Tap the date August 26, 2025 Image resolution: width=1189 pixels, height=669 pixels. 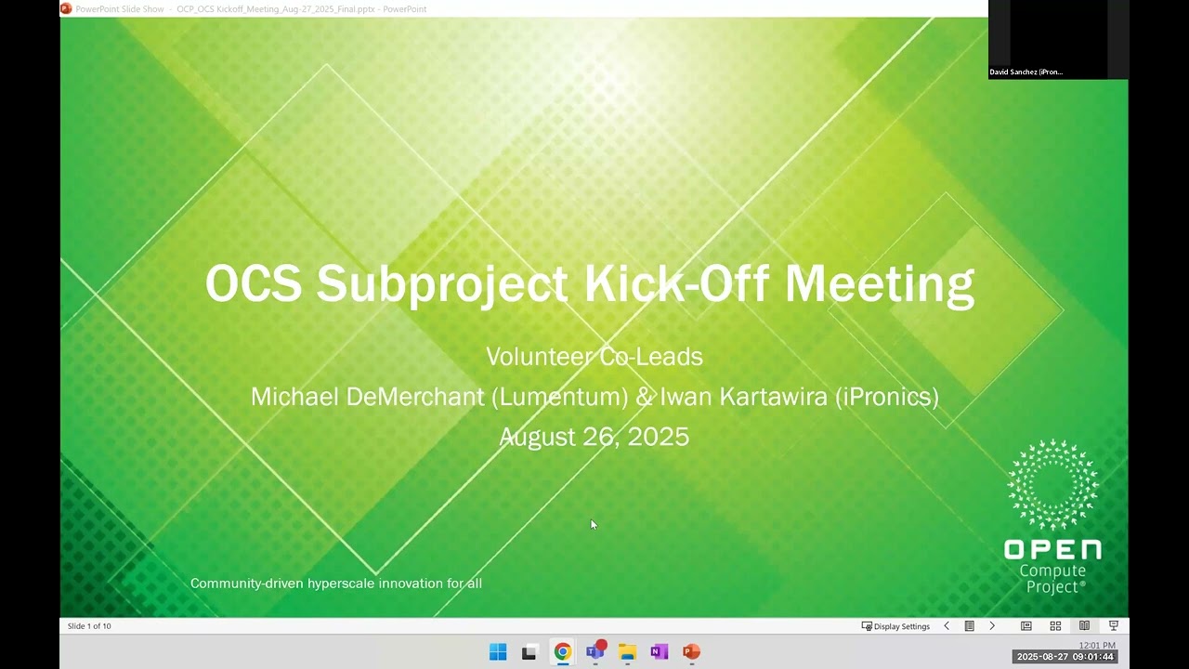(x=594, y=437)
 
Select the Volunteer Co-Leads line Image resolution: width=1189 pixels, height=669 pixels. (x=594, y=357)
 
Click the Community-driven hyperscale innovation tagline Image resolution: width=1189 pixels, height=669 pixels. (x=335, y=584)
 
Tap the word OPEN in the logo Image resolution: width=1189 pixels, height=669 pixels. (x=1052, y=550)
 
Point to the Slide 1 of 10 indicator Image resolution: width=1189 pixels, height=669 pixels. (x=89, y=626)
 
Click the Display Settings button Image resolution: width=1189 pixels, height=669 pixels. (x=896, y=626)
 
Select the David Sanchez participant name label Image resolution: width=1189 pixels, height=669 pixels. (x=1026, y=72)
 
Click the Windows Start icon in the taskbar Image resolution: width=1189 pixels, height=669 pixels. (x=498, y=651)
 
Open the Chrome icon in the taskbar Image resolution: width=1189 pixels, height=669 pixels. (x=562, y=651)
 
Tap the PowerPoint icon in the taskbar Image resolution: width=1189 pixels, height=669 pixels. (x=691, y=651)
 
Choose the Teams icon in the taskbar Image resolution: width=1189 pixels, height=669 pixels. (x=594, y=651)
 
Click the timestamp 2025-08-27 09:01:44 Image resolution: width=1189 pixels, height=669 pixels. (x=1065, y=657)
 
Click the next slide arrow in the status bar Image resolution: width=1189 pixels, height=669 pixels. (x=992, y=626)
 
